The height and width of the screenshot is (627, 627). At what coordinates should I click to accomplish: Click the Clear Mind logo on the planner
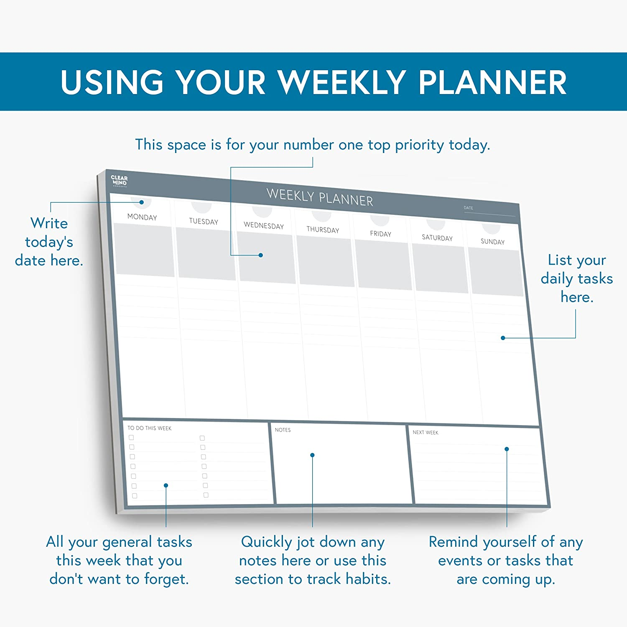pos(119,181)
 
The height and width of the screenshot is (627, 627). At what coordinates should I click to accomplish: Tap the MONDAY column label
pos(142,217)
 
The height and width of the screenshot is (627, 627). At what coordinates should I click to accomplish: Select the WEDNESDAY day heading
pos(264,226)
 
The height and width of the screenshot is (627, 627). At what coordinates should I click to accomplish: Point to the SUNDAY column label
pos(492,242)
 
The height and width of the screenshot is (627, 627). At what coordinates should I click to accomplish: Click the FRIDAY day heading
pos(380,234)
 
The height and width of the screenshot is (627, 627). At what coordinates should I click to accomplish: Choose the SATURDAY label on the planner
pos(437,238)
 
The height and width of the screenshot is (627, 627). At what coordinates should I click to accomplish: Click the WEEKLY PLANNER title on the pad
pos(320,198)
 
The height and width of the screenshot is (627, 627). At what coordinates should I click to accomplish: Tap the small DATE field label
pos(468,208)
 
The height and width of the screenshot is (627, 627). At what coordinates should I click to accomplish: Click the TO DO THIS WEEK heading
pos(149,428)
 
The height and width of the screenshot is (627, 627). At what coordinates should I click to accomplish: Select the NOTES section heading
pos(283,430)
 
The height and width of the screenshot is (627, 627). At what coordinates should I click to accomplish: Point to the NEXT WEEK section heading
pos(426,433)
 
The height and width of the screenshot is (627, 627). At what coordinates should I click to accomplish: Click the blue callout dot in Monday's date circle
pos(142,202)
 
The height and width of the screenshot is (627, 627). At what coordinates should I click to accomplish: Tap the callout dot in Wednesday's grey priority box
pos(261,255)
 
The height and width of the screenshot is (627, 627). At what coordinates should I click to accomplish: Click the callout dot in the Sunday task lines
pos(503,338)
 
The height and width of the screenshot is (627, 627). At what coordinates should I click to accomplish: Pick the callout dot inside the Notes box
pos(312,455)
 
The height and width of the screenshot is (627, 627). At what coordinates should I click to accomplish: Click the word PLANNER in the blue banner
pos(492,82)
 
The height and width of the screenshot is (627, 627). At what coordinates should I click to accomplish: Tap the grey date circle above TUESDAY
pos(201,206)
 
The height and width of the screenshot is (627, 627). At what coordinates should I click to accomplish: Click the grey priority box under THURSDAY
pos(325,261)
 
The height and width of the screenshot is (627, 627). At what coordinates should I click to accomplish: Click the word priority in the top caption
pos(419,145)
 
